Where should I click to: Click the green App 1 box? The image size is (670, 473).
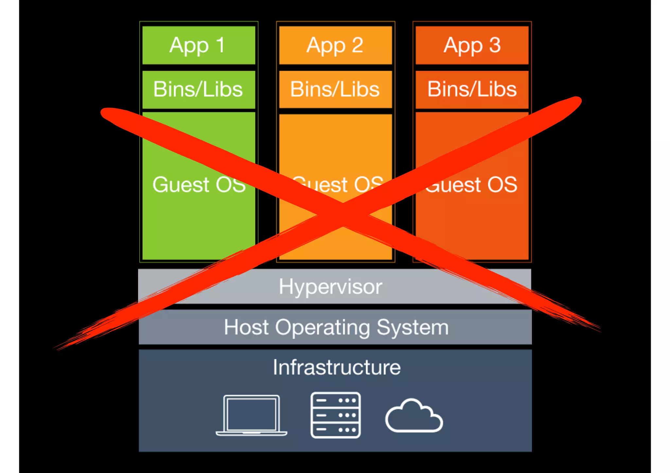pos(199,45)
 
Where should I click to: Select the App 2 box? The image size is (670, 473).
pos(335,45)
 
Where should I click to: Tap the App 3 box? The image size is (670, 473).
pos(472,45)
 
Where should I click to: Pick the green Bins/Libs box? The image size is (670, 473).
pos(199,90)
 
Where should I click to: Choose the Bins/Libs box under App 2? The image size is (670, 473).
pos(335,90)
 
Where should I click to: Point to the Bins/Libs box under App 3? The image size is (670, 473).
pos(472,90)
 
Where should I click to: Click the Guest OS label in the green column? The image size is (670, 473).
pos(199,185)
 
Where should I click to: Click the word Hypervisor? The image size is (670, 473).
pos(330,287)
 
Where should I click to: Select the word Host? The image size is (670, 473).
pos(246,327)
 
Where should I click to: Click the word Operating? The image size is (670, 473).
pos(322,328)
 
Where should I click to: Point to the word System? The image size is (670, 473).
pos(413,328)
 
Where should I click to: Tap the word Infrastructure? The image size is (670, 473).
pos(337,367)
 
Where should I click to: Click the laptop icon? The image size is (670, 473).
pos(251,415)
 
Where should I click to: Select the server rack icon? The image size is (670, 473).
pos(335,415)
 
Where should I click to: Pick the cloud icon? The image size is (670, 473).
pos(414,416)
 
